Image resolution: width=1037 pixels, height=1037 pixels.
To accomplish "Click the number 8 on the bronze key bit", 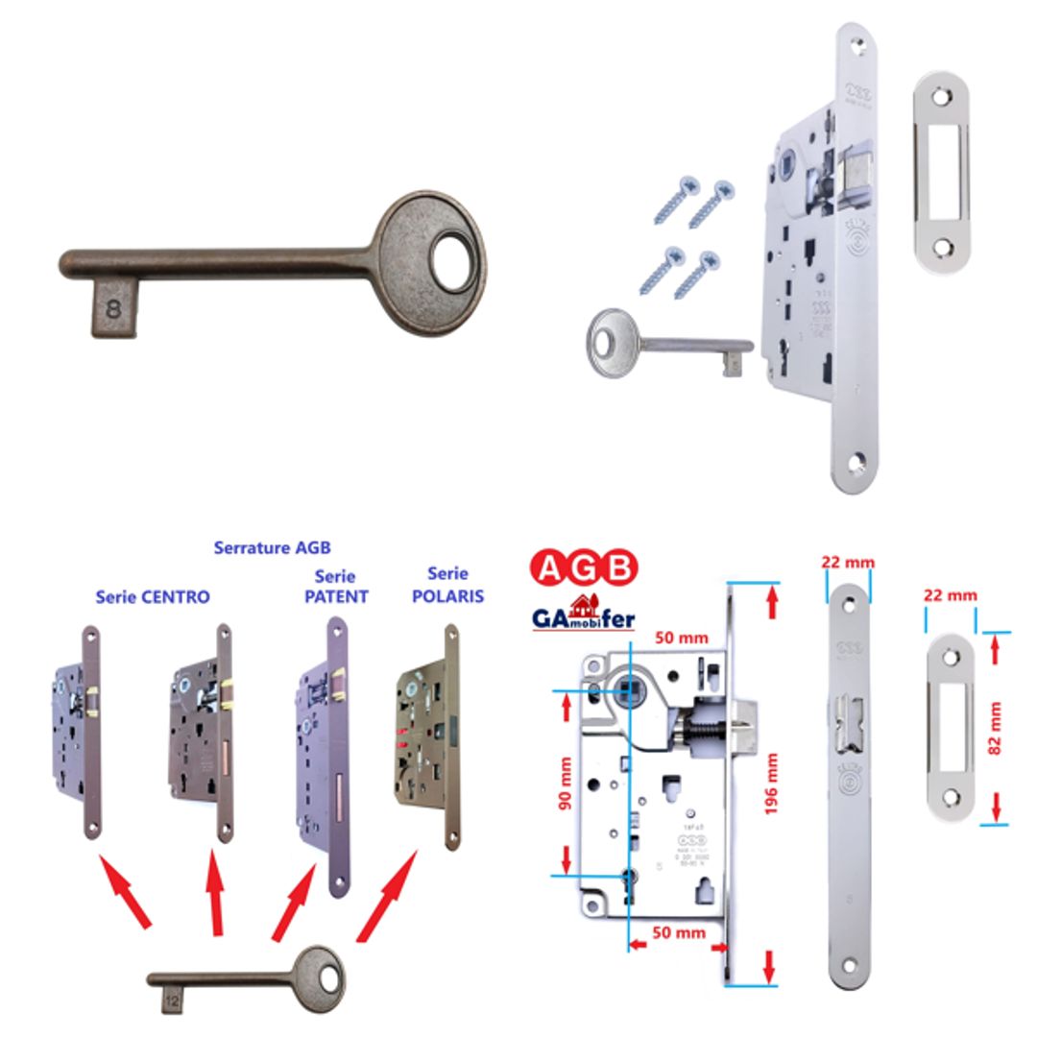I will click(x=114, y=309).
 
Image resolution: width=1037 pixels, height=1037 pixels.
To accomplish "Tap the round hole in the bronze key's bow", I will click(x=451, y=261).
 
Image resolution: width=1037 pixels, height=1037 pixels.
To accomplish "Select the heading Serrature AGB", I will click(x=272, y=547).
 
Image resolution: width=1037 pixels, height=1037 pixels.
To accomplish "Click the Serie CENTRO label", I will click(x=153, y=597).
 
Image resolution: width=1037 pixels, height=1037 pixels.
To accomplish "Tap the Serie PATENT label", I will click(x=335, y=587).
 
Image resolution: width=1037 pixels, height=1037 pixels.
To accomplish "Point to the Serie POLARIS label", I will click(x=447, y=585).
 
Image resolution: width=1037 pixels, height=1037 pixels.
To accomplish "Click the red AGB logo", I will click(x=585, y=569).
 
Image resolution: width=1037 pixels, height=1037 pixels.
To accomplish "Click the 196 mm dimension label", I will click(x=770, y=784).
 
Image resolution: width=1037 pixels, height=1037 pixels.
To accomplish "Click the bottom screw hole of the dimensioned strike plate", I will click(x=951, y=797).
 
